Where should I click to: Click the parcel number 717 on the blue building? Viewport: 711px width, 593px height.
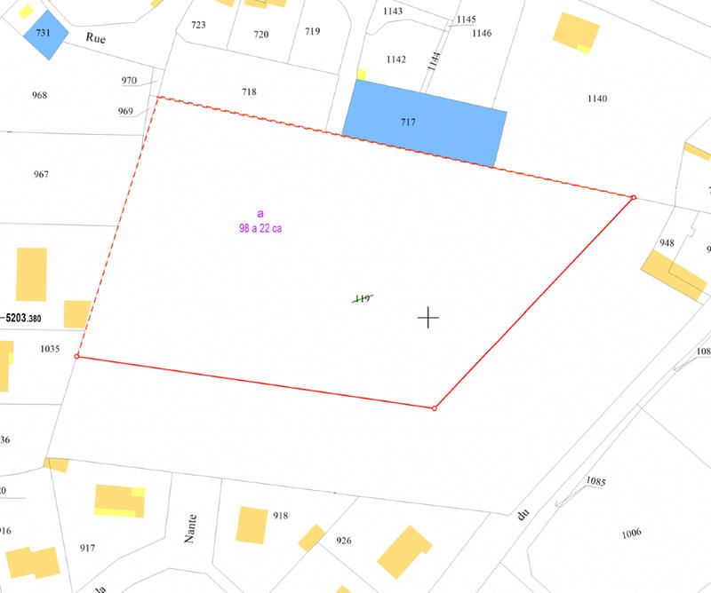408,123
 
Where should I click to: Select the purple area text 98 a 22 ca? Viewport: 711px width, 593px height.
260,228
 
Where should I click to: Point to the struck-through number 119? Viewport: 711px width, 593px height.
362,299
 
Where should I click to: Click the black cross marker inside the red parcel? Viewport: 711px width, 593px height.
428,317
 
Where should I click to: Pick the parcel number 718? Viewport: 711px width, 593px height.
249,92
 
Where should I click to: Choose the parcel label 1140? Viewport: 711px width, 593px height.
597,99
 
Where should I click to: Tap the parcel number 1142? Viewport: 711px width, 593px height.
396,59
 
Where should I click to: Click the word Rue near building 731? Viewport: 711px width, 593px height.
95,37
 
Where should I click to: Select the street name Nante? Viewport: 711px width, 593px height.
191,529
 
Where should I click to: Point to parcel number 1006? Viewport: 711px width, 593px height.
631,533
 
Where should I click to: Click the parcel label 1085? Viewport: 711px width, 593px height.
595,482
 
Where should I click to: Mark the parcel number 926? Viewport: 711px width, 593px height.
344,540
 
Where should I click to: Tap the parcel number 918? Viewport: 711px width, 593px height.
281,516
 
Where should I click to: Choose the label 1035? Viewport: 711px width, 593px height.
50,349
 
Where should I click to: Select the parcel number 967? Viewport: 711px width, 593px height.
41,174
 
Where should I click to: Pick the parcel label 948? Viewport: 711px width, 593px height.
667,242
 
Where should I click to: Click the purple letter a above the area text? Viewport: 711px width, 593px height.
260,214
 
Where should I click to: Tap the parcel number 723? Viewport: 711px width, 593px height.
198,25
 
